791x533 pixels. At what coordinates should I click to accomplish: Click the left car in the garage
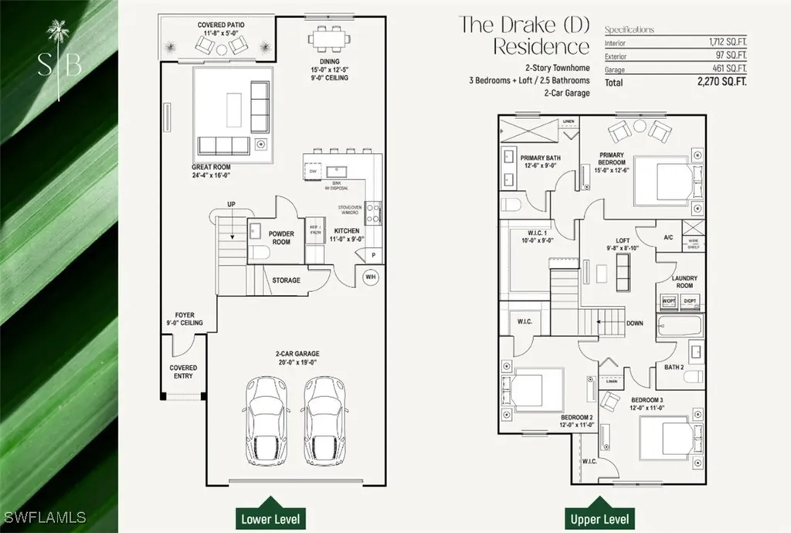265,421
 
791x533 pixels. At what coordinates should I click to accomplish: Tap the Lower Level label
268,518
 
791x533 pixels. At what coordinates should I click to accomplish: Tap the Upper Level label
599,518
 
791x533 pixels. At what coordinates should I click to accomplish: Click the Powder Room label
281,237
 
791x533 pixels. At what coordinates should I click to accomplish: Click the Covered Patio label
221,29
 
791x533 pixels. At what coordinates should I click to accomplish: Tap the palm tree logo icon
58,34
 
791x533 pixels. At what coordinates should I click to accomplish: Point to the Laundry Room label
684,281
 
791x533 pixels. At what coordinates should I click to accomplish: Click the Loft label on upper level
623,244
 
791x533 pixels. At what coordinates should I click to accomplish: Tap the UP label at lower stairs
230,204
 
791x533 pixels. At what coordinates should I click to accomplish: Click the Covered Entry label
183,372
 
